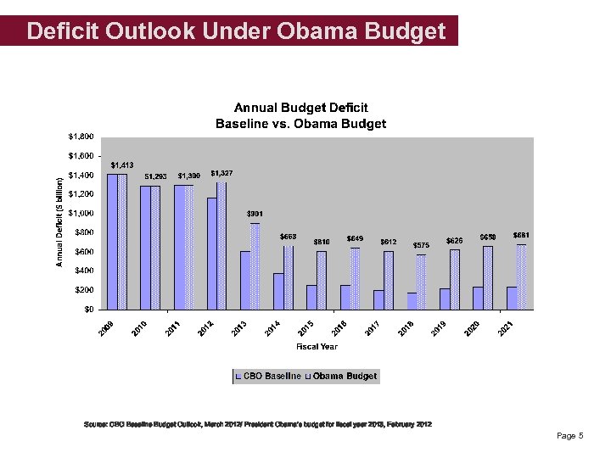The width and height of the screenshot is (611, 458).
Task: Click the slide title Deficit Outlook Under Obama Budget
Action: click(235, 31)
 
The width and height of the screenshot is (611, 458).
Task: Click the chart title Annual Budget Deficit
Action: click(300, 108)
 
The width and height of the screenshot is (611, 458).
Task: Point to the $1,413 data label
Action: click(122, 165)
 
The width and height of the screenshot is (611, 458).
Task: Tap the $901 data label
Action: click(255, 212)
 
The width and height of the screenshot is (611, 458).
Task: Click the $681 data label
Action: click(522, 234)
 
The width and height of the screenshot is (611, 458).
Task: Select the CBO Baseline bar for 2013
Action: click(245, 280)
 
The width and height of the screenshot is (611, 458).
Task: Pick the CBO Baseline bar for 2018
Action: click(412, 301)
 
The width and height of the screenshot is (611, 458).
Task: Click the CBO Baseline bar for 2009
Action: click(112, 242)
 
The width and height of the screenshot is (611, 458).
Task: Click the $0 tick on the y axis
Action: click(87, 310)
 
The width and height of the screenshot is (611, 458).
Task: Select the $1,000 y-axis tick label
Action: click(81, 213)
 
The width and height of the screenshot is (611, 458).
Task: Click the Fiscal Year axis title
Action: click(317, 346)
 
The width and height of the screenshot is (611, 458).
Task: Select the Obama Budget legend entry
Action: click(343, 376)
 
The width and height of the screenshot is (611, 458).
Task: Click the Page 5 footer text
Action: click(569, 436)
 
